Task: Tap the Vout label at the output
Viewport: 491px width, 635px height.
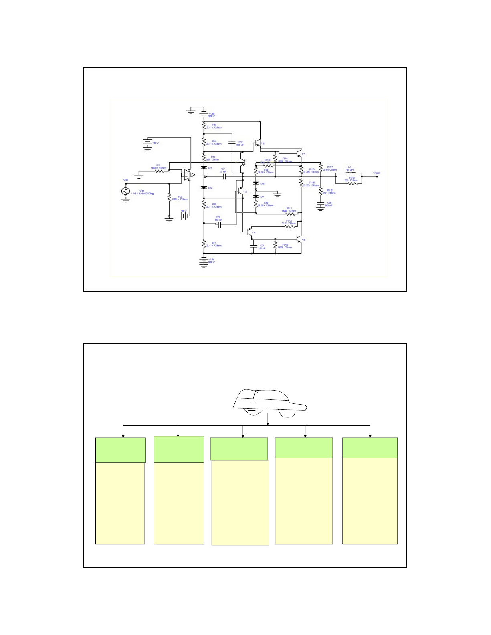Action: (x=376, y=173)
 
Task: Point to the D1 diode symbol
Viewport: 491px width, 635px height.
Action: (x=204, y=167)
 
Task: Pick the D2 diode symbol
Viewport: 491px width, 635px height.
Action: (x=204, y=187)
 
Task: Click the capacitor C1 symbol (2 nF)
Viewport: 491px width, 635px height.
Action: (x=224, y=176)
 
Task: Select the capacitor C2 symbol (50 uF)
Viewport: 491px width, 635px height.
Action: (x=232, y=142)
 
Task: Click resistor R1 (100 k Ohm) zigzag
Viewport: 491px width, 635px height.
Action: (x=160, y=171)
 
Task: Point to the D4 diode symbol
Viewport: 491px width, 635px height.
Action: (x=255, y=196)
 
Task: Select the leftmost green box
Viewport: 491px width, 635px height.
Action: (x=120, y=450)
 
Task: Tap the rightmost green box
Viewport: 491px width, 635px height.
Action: (x=370, y=448)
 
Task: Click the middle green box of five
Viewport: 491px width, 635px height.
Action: (x=239, y=449)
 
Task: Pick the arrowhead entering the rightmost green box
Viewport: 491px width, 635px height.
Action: (x=370, y=436)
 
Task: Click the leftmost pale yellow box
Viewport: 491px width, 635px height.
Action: (x=120, y=503)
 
